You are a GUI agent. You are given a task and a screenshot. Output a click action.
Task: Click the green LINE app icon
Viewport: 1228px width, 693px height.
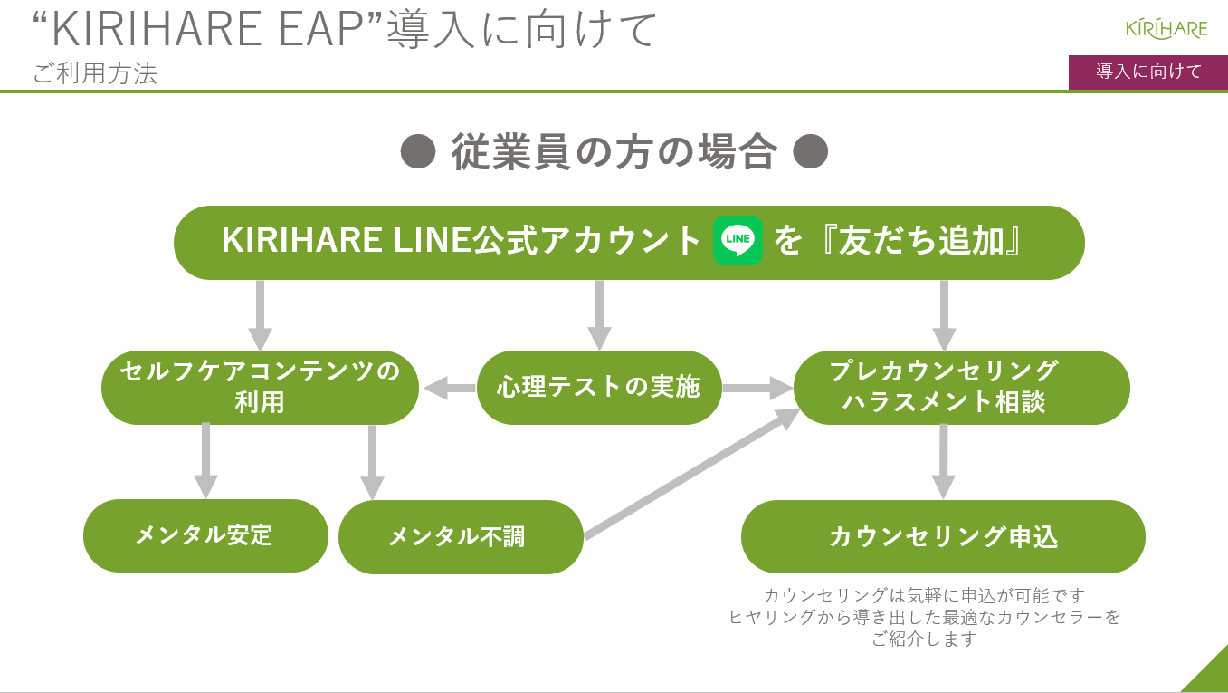click(738, 240)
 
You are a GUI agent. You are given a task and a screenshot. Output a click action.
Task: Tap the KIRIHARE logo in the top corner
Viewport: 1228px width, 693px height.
click(1166, 29)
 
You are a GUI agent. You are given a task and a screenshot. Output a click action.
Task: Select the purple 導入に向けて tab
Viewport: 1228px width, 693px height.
click(1148, 72)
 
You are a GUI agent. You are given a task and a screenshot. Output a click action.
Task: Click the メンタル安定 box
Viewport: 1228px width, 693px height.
click(205, 535)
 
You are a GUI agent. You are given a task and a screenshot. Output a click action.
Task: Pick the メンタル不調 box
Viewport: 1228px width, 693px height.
click(461, 536)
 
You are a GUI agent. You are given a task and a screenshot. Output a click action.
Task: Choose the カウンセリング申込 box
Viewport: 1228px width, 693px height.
click(943, 536)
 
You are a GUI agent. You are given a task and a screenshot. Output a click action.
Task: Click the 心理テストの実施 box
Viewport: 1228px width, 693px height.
click(599, 388)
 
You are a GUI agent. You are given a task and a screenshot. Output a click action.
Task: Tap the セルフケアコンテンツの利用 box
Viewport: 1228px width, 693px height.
click(260, 388)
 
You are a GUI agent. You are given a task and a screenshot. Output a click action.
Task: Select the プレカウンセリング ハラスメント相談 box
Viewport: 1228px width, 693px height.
click(961, 388)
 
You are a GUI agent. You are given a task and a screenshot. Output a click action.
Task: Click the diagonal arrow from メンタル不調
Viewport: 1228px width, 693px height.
click(692, 474)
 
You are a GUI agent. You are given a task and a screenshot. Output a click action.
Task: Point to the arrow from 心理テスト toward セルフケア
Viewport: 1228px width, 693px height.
click(450, 388)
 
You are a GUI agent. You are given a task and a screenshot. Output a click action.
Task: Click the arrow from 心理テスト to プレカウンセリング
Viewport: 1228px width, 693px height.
click(757, 388)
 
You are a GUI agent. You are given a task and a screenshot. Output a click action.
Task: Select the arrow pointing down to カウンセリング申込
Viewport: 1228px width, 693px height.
click(944, 461)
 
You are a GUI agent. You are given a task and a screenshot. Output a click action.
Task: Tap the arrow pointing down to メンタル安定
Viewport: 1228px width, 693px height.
click(205, 461)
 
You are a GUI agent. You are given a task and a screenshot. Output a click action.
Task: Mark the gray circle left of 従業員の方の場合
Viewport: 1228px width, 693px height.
click(418, 151)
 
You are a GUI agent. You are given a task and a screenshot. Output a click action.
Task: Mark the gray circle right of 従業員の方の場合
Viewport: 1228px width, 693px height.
click(810, 151)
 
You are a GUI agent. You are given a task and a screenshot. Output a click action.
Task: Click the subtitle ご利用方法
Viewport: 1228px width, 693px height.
click(95, 73)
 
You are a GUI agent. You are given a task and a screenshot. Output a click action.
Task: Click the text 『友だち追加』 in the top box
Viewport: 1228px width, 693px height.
click(921, 241)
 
